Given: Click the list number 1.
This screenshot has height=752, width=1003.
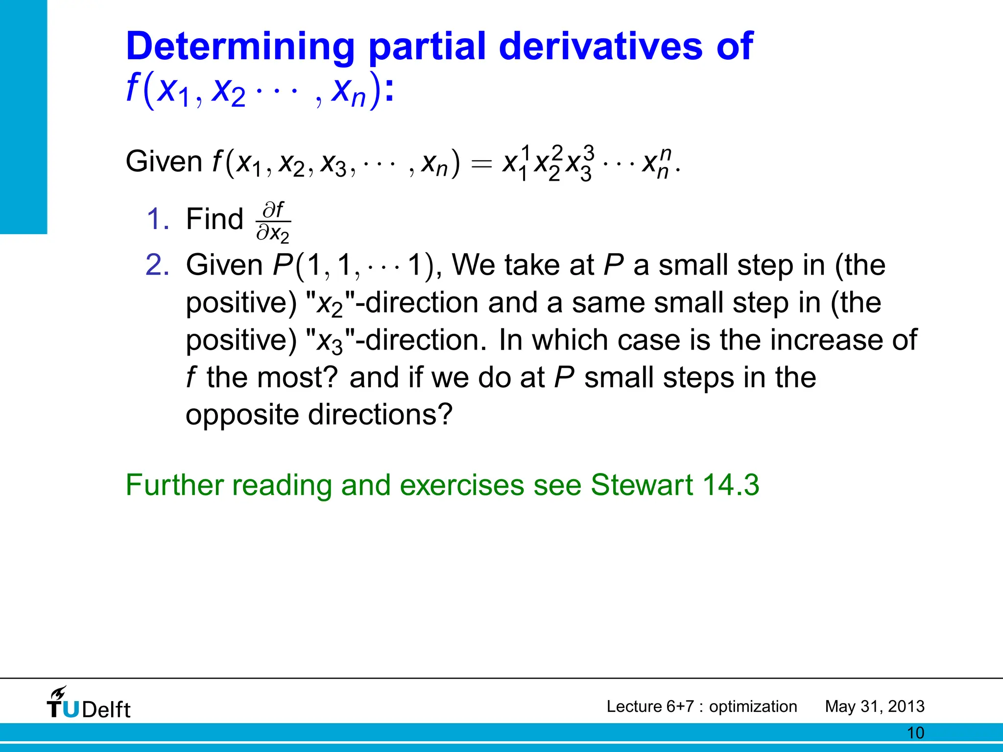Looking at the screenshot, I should pyautogui.click(x=158, y=219).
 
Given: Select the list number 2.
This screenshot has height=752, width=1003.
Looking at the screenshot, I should pyautogui.click(x=158, y=265).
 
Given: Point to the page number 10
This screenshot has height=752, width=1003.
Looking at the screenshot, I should pyautogui.click(x=915, y=733).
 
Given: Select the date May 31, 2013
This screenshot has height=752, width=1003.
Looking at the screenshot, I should pyautogui.click(x=875, y=706).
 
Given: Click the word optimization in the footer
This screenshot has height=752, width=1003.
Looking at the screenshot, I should pyautogui.click(x=753, y=706).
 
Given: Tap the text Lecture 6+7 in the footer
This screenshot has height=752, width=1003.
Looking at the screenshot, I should pyautogui.click(x=650, y=706).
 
